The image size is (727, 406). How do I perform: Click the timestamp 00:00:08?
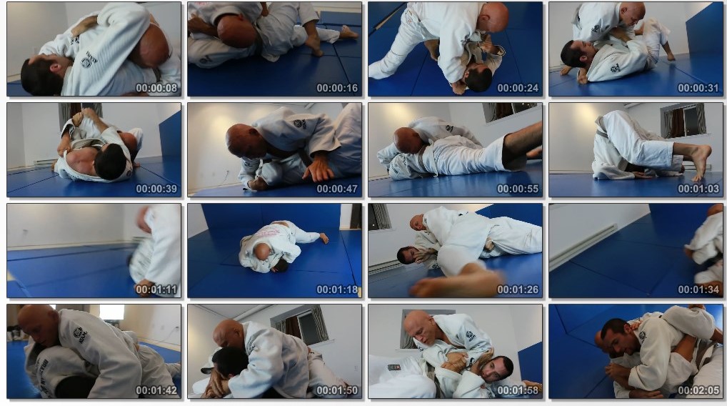[156, 88]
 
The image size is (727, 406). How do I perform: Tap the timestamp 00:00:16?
[337, 88]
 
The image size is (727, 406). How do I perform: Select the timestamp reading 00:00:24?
[518, 88]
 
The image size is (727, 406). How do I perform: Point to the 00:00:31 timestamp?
[698, 88]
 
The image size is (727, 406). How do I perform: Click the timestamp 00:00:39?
[156, 189]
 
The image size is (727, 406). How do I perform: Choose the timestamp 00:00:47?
[337, 189]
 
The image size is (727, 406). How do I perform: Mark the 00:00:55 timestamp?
[518, 189]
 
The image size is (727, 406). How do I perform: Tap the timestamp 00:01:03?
[698, 189]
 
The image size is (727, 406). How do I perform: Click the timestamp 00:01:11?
[156, 290]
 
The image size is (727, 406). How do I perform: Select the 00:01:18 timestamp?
[337, 290]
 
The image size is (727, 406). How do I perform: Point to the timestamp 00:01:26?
[518, 290]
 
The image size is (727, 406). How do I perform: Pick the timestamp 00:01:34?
[698, 290]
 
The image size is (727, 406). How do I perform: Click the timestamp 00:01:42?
[156, 391]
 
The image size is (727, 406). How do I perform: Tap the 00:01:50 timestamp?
[337, 391]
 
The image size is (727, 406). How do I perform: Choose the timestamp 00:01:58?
[518, 391]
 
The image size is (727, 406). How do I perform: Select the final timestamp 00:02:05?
[698, 391]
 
